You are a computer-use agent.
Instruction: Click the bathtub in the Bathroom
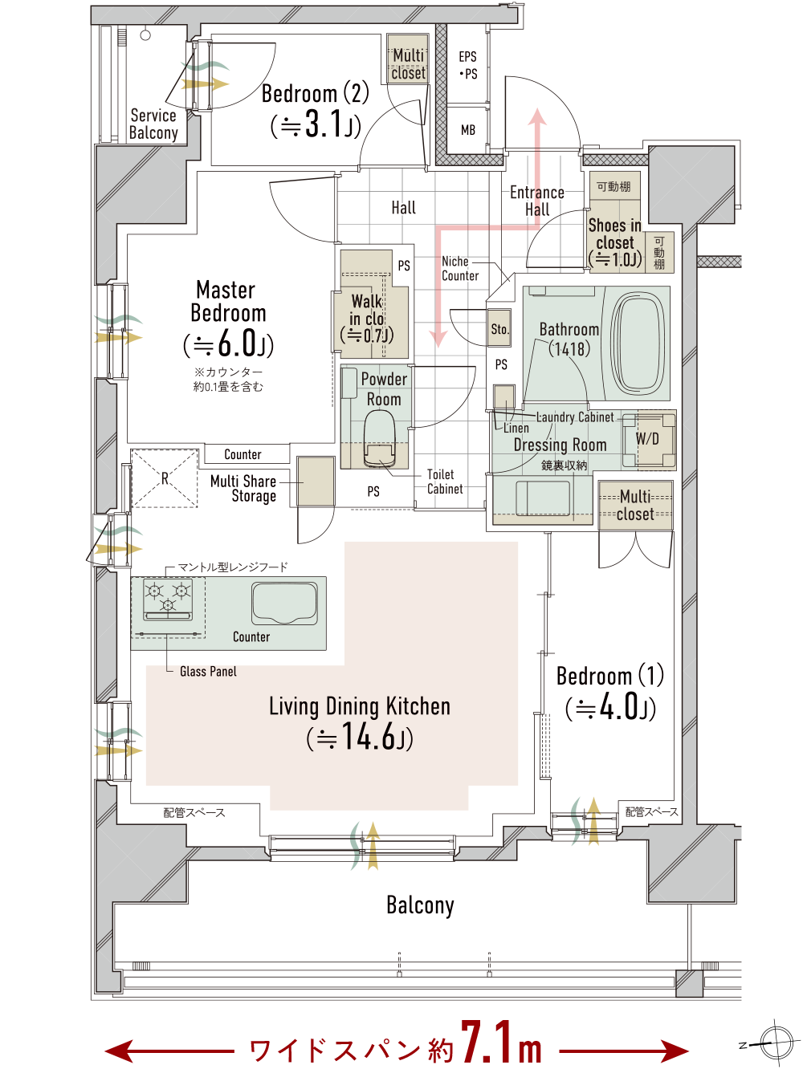coord(638,343)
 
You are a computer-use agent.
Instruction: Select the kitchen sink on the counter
coord(284,603)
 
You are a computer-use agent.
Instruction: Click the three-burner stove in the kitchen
coord(168,599)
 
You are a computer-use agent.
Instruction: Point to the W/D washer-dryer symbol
coord(648,439)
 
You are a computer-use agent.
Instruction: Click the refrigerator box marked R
coord(164,478)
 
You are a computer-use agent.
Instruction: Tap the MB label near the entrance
coord(468,130)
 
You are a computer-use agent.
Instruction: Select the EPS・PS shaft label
coord(468,65)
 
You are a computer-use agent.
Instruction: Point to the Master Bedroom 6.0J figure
coord(229,343)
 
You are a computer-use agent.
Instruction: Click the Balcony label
coord(420,905)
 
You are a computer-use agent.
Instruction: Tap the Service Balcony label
coord(153,124)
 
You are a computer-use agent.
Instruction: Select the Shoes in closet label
coord(615,234)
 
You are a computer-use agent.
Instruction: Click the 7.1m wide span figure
coord(501,1043)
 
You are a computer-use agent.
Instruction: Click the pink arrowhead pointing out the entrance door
coord(537,117)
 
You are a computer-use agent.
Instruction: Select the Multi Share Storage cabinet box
coord(316,482)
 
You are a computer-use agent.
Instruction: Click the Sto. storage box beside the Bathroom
coord(499,328)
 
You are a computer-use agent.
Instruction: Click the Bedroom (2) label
coord(316,93)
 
